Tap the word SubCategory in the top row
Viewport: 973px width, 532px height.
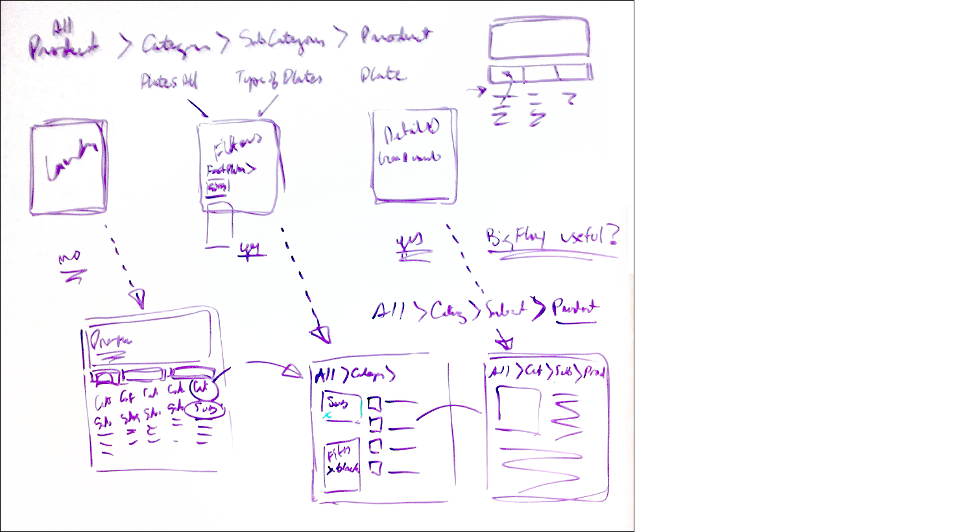(x=280, y=40)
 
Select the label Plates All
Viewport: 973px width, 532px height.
(x=169, y=81)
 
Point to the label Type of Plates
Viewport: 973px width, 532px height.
(x=278, y=79)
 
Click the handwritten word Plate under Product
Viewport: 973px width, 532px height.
(x=383, y=75)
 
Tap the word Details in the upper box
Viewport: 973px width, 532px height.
(x=411, y=133)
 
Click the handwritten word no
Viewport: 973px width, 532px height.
(x=69, y=259)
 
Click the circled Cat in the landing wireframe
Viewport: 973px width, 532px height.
(x=200, y=387)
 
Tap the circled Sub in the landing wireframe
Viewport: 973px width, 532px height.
(x=205, y=410)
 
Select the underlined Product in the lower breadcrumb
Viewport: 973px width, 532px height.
(x=575, y=308)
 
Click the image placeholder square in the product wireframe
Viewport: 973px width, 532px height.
(x=518, y=409)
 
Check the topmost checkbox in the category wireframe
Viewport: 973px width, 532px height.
(x=374, y=404)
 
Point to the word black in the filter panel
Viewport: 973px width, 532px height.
(x=346, y=468)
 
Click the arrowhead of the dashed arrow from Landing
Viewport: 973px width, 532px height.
(x=138, y=299)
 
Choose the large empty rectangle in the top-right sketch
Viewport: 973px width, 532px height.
(x=539, y=40)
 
